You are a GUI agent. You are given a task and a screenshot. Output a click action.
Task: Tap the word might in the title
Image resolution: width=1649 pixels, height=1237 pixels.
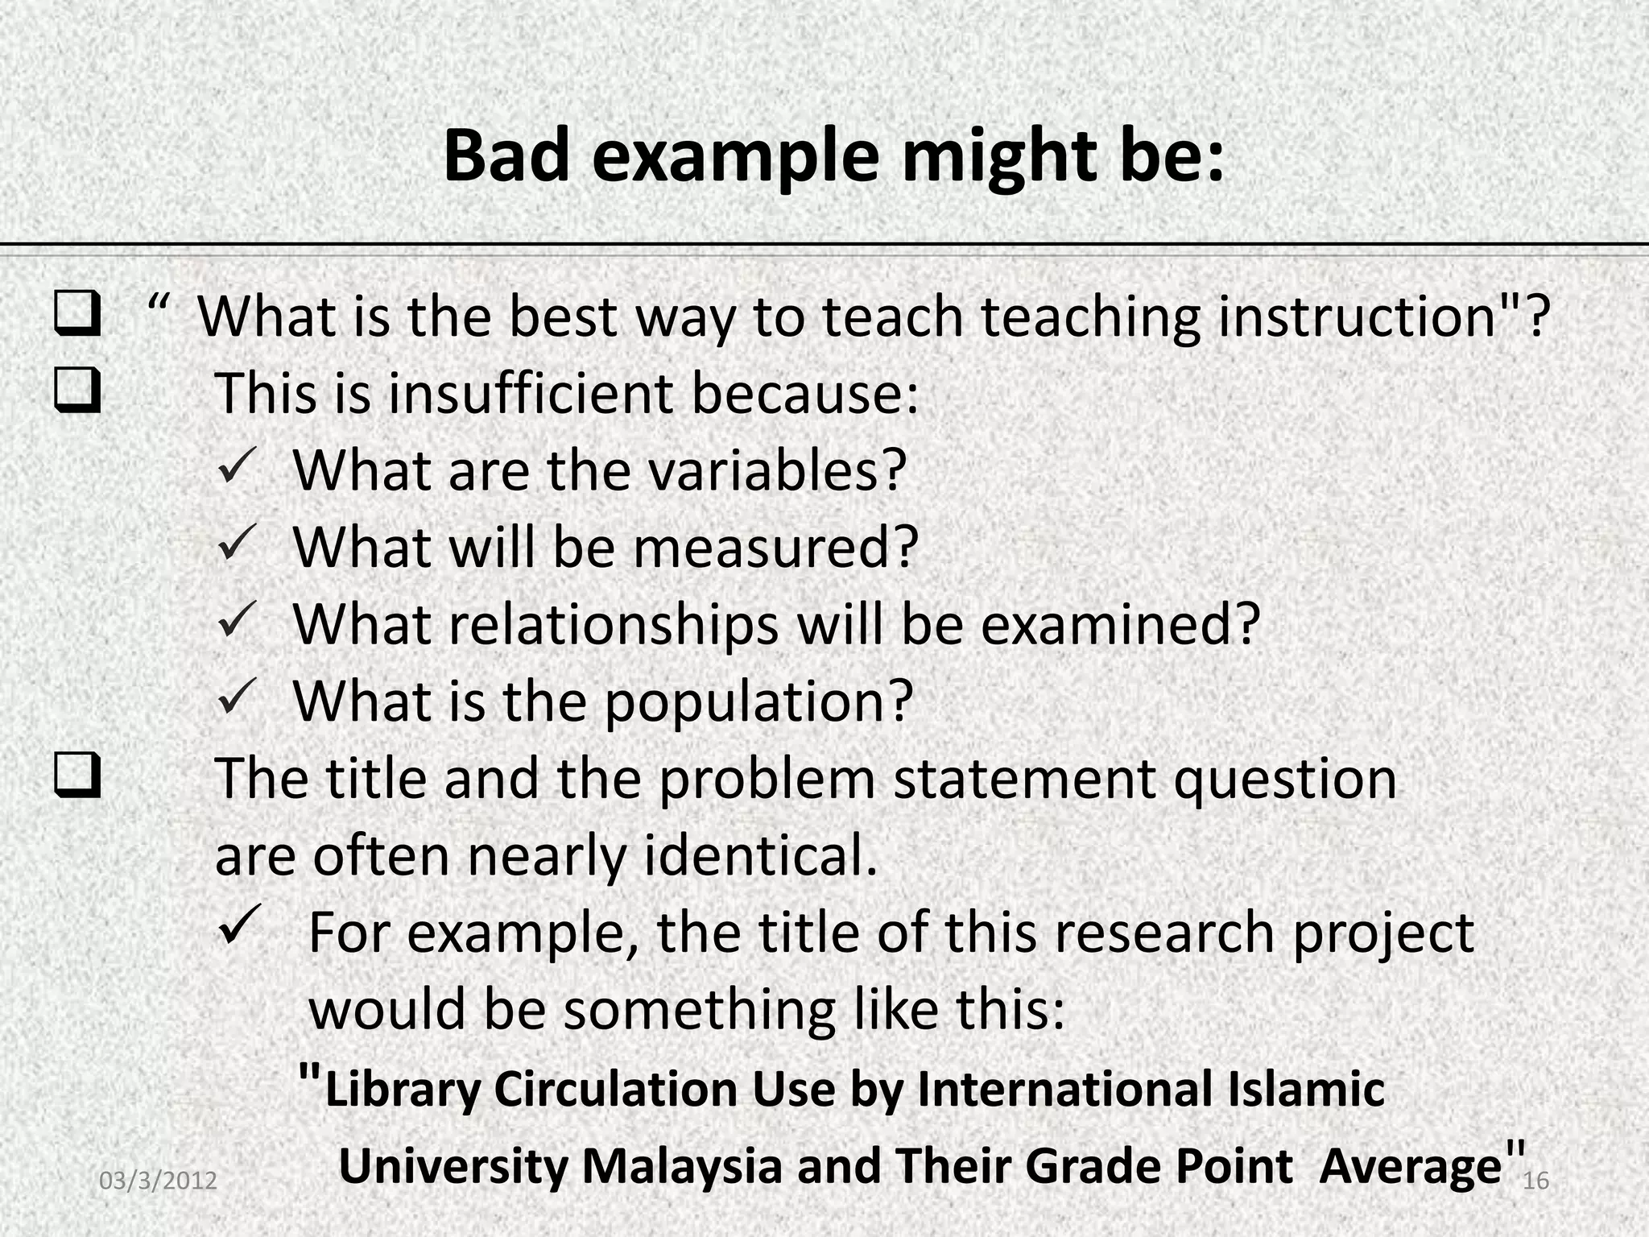[999, 157]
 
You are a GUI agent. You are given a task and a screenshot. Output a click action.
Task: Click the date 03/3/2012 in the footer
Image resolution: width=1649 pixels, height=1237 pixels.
[158, 1181]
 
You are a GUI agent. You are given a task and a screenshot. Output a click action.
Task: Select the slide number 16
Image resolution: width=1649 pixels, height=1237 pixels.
[1536, 1181]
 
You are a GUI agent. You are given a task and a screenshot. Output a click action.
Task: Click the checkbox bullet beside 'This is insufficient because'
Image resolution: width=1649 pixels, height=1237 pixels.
[78, 391]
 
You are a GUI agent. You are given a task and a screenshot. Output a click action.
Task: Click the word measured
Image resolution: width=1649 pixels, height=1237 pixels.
[775, 547]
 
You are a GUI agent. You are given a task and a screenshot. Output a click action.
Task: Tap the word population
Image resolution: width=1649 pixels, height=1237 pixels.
[758, 701]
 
